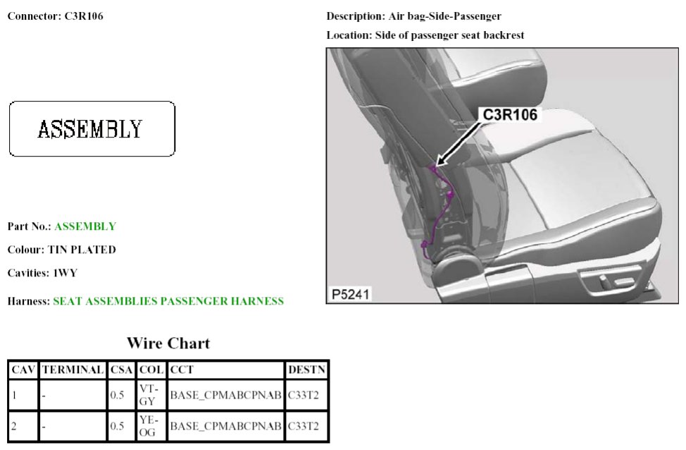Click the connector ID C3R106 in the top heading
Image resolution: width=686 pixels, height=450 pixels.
pyautogui.click(x=84, y=16)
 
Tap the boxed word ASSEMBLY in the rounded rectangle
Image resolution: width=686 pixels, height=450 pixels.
pyautogui.click(x=90, y=129)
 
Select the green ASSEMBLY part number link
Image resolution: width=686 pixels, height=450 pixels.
pyautogui.click(x=85, y=226)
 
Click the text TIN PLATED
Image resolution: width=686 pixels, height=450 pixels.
pyautogui.click(x=82, y=250)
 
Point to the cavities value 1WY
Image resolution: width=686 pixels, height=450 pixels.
pyautogui.click(x=65, y=273)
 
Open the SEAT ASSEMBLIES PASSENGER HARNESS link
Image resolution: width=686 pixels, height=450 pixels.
pyautogui.click(x=168, y=301)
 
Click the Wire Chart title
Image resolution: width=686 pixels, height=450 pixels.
pyautogui.click(x=168, y=343)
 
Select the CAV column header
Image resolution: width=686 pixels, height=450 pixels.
pyautogui.click(x=23, y=370)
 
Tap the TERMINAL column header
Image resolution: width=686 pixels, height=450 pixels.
pyautogui.click(x=73, y=370)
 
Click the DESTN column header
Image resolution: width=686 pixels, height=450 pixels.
pyautogui.click(x=306, y=370)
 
